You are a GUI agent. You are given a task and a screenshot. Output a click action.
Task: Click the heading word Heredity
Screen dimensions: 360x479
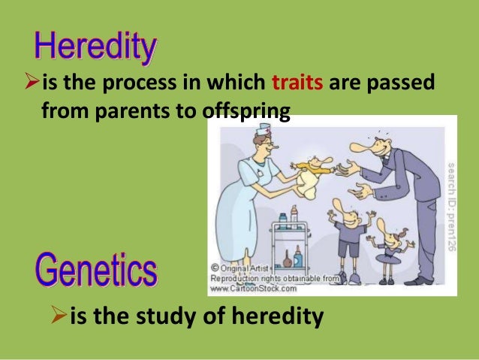pos(95,49)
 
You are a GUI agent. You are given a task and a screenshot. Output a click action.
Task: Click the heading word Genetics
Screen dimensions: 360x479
pos(95,271)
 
